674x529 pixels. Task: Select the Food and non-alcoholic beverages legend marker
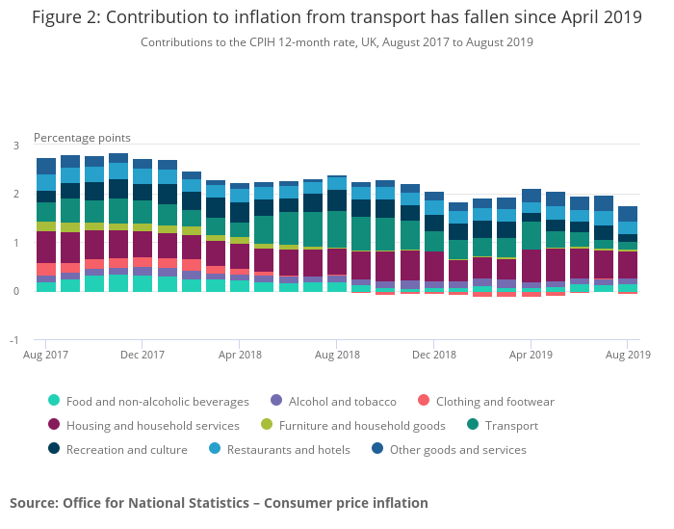(53, 401)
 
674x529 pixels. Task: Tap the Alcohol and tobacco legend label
(342, 401)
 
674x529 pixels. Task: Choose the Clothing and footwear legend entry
(495, 401)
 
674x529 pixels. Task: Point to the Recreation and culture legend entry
(126, 449)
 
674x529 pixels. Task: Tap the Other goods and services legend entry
(457, 449)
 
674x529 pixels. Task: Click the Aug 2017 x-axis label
(46, 355)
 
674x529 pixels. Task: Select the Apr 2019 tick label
(531, 355)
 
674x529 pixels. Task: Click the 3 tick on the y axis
(16, 145)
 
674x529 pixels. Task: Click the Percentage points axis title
(82, 138)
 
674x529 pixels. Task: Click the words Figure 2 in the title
(67, 17)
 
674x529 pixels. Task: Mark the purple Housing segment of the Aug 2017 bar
(46, 247)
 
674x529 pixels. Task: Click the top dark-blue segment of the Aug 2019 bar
(628, 213)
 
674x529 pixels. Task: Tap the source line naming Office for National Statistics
(219, 502)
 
